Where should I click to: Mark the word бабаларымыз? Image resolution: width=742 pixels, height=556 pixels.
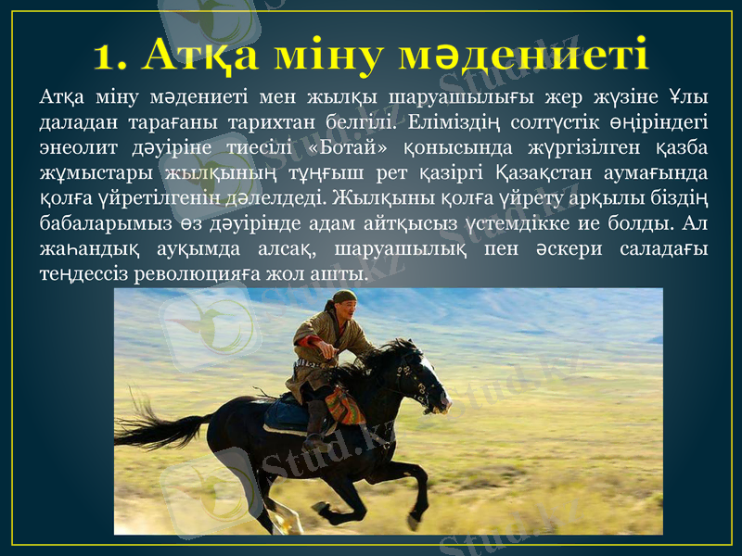(101, 223)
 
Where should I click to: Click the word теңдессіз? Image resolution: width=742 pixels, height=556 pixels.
(81, 274)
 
